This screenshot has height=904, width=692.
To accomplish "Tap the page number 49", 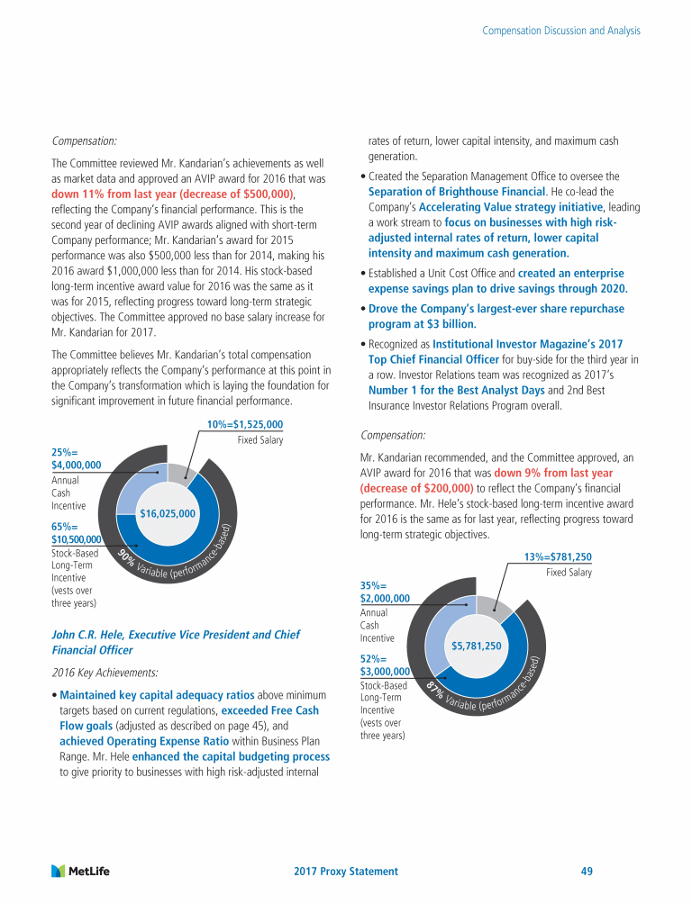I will [587, 872].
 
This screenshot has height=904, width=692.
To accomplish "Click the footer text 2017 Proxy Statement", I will [346, 872].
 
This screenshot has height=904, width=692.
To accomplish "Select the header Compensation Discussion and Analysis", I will [561, 31].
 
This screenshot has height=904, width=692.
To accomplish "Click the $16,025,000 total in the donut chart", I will [168, 513].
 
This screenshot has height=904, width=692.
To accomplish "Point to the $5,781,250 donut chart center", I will [476, 646].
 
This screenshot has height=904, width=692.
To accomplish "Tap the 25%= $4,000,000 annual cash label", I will [76, 457].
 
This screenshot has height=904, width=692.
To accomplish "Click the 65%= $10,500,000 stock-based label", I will [76, 532].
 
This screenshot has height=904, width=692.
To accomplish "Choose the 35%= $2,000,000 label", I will [385, 592].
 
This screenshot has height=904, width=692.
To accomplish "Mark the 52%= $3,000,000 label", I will [385, 664].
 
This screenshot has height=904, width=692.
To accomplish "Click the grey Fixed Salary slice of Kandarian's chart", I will [181, 475].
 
